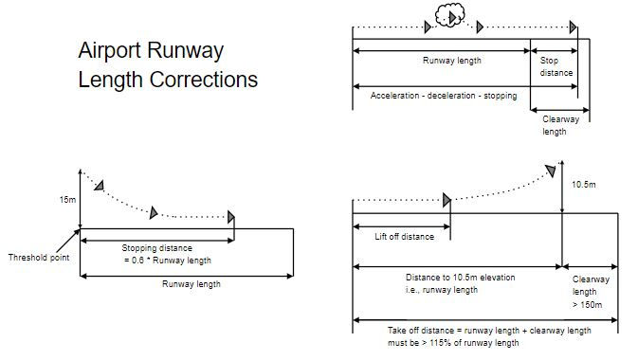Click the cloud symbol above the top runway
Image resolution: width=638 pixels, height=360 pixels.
(x=448, y=16)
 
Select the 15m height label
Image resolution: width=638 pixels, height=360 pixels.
(x=65, y=200)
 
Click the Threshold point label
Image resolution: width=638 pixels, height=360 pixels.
(x=38, y=258)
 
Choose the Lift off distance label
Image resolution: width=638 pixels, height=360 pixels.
(x=405, y=236)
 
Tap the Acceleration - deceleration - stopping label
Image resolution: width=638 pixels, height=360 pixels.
(x=444, y=97)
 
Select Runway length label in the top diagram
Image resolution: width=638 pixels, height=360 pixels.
(x=452, y=61)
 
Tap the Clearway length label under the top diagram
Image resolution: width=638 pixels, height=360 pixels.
(x=555, y=126)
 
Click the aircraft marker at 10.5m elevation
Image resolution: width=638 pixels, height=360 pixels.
(x=551, y=170)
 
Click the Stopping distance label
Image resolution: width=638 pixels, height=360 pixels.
(x=154, y=248)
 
